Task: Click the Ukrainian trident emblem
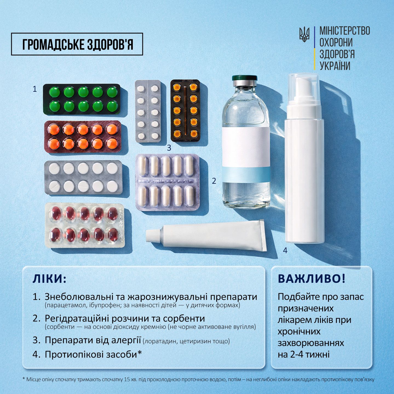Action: pyautogui.click(x=304, y=34)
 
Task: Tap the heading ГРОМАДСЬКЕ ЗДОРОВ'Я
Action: pyautogui.click(x=78, y=44)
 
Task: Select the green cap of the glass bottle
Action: pyautogui.click(x=244, y=78)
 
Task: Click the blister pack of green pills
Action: pyautogui.click(x=82, y=99)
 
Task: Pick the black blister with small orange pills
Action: pyautogui.click(x=185, y=111)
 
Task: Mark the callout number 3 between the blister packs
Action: pyautogui.click(x=169, y=148)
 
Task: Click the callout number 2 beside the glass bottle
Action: pyautogui.click(x=214, y=181)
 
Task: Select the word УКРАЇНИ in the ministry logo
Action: pyautogui.click(x=335, y=66)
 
